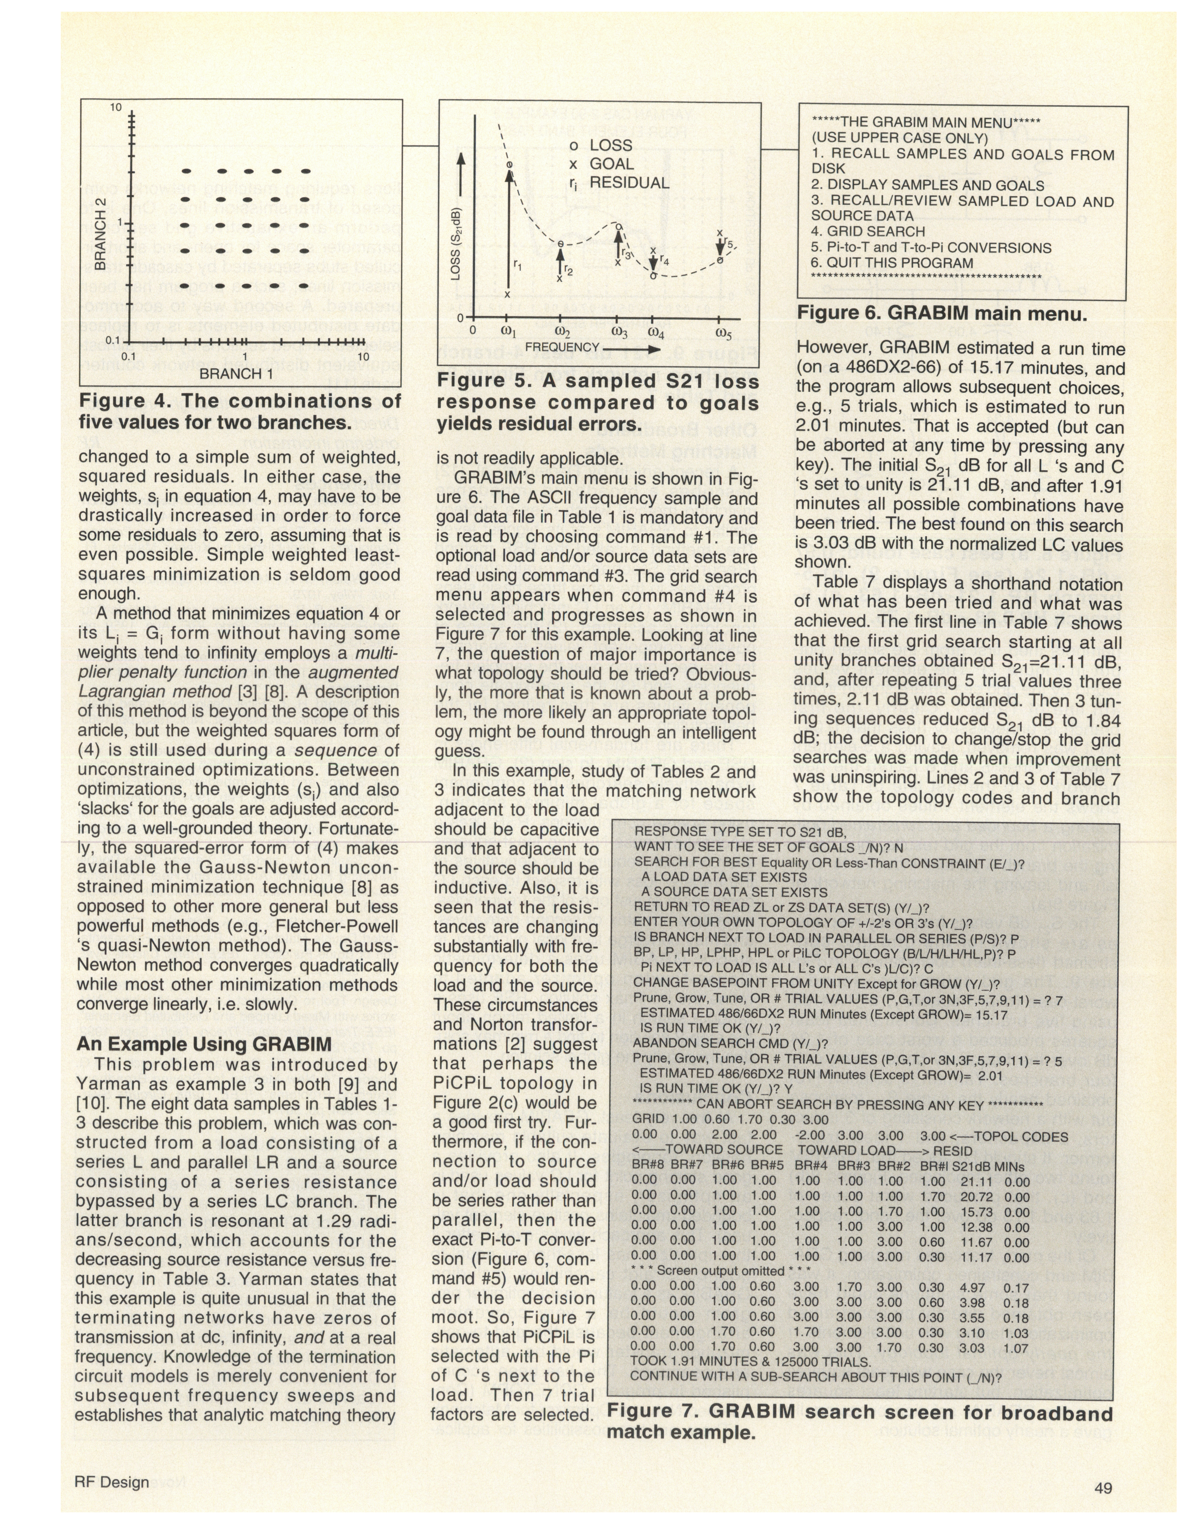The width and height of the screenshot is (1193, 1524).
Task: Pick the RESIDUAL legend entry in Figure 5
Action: [629, 183]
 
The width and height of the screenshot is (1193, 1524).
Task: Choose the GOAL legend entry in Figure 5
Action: [611, 164]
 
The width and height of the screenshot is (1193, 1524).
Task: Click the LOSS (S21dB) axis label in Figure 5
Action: [455, 244]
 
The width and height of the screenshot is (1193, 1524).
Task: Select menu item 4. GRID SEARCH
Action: [868, 232]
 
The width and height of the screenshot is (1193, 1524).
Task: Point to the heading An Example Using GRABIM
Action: [204, 1044]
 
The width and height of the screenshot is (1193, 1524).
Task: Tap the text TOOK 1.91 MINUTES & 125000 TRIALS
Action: [750, 1362]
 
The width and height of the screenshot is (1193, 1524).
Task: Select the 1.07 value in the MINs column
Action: [1016, 1348]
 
